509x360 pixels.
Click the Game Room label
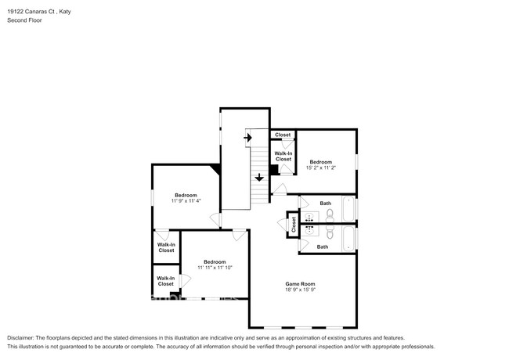pyautogui.click(x=300, y=284)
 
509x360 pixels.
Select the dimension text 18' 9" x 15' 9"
pyautogui.click(x=300, y=290)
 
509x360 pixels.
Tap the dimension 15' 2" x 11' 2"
pyautogui.click(x=321, y=167)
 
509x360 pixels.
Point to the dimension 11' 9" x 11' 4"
pyautogui.click(x=186, y=201)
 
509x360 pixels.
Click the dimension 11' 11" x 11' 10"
pyautogui.click(x=215, y=268)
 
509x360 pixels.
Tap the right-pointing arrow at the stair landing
pyautogui.click(x=247, y=138)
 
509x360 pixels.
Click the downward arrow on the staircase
pyautogui.click(x=259, y=178)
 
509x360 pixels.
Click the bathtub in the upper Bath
pyautogui.click(x=348, y=209)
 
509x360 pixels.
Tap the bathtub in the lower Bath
pyautogui.click(x=348, y=239)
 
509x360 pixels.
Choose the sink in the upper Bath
pyautogui.click(x=309, y=217)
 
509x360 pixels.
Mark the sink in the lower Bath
pyautogui.click(x=309, y=231)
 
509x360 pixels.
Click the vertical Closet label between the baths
pyautogui.click(x=294, y=225)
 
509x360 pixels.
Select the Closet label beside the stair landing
pyautogui.click(x=283, y=135)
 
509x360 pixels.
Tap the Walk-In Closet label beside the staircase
pyautogui.click(x=283, y=157)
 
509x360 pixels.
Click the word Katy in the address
pyautogui.click(x=65, y=12)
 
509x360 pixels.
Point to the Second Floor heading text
pyautogui.click(x=25, y=20)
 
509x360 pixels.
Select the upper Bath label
pyautogui.click(x=326, y=203)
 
